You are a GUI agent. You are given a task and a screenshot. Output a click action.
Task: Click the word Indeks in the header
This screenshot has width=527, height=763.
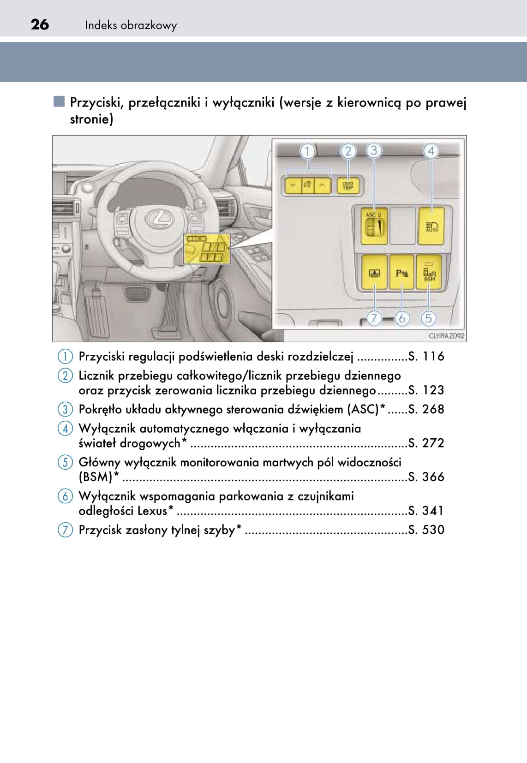click(101, 25)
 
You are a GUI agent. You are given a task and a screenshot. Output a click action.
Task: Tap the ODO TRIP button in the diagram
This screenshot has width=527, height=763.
click(348, 186)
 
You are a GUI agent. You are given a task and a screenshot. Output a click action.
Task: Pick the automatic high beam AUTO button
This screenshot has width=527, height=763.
click(431, 226)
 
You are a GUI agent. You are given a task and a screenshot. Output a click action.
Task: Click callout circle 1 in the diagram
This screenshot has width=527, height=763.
click(308, 151)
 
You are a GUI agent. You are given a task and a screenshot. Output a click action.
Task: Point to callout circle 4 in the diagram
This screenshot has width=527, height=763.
click(431, 151)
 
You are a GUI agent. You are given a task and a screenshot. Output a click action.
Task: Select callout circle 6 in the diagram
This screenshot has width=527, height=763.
click(401, 318)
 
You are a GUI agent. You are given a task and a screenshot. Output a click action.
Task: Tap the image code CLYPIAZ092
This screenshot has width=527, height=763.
click(446, 336)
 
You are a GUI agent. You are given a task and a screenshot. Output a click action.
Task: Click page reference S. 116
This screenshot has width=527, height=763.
click(426, 356)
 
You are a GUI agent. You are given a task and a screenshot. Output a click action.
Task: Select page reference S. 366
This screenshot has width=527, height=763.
click(426, 477)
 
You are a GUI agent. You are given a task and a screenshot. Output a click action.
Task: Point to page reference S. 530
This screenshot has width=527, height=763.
click(426, 530)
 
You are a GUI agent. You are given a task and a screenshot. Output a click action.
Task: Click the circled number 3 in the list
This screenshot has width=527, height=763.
click(65, 409)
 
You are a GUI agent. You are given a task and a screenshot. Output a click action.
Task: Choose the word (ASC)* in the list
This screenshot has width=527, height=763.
click(366, 409)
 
